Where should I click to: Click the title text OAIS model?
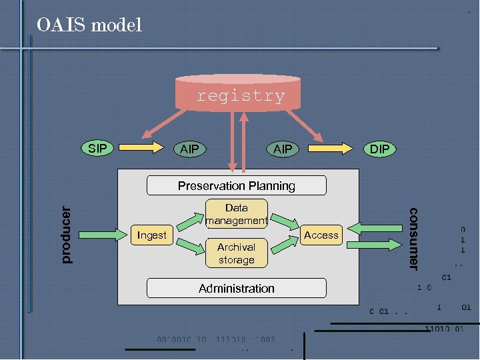point(89,26)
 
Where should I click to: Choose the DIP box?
point(379,149)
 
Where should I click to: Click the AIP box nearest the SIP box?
point(190,149)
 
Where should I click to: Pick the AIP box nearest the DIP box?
point(283,149)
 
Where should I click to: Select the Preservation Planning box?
point(236,185)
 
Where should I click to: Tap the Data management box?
point(236,214)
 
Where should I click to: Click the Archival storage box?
point(236,253)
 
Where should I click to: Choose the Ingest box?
point(152,235)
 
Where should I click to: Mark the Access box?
point(321,235)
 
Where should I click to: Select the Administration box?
point(236,288)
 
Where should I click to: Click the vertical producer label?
point(65,234)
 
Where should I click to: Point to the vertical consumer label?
point(413,239)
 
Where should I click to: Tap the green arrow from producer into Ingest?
point(103,234)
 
